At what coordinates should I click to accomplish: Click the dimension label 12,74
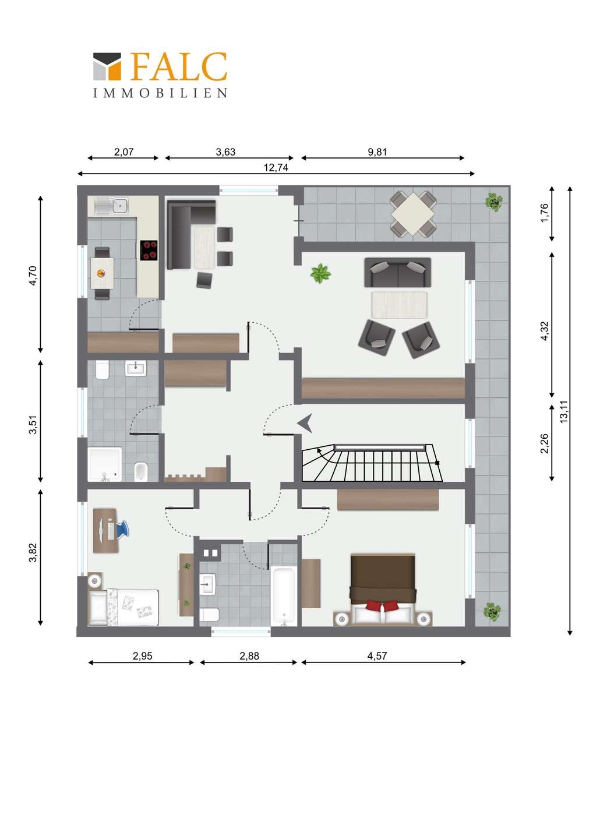pyautogui.click(x=276, y=167)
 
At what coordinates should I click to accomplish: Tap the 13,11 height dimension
pyautogui.click(x=564, y=411)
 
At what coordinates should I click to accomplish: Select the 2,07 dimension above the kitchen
pyautogui.click(x=123, y=151)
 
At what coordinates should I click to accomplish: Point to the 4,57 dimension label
pyautogui.click(x=377, y=656)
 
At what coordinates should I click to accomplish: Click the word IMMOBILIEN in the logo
pyautogui.click(x=160, y=93)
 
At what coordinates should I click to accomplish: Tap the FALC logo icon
pyautogui.click(x=107, y=66)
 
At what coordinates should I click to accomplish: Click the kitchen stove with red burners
pyautogui.click(x=149, y=250)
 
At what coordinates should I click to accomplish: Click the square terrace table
pyautogui.click(x=412, y=213)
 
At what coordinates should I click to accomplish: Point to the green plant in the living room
pyautogui.click(x=320, y=273)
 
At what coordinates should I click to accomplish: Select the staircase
pyautogui.click(x=372, y=463)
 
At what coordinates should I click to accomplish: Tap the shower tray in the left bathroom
pyautogui.click(x=104, y=464)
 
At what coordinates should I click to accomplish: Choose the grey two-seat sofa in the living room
pyautogui.click(x=398, y=272)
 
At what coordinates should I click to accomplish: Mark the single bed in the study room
pyautogui.click(x=123, y=607)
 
